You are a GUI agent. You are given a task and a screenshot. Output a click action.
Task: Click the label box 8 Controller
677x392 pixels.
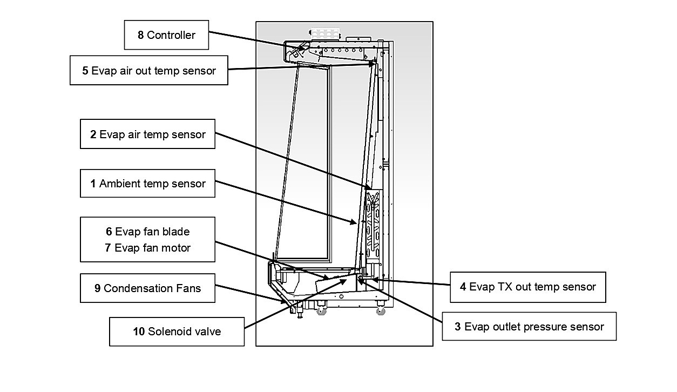click(166, 35)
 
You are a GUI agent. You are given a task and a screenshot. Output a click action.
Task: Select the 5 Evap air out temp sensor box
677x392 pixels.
click(148, 70)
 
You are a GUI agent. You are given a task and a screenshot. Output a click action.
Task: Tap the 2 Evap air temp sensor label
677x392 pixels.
click(147, 134)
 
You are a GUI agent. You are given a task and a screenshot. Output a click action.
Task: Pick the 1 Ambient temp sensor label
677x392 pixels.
click(147, 183)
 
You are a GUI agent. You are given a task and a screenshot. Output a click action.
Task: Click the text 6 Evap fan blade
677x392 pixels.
click(147, 232)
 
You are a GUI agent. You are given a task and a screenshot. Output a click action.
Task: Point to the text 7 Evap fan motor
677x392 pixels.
click(147, 248)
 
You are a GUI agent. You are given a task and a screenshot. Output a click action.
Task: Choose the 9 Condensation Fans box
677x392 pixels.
click(147, 288)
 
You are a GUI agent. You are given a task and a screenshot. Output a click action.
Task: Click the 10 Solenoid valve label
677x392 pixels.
click(177, 332)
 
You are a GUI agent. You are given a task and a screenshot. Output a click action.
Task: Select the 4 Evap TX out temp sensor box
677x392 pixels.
click(528, 287)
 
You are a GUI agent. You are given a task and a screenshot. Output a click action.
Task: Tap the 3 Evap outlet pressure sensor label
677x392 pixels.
click(529, 327)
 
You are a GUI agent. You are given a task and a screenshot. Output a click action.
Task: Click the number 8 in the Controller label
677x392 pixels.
click(140, 35)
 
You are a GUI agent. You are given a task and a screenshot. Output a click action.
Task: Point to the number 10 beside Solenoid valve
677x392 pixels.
click(139, 332)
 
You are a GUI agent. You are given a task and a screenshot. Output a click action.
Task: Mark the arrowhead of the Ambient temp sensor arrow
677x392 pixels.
click(355, 223)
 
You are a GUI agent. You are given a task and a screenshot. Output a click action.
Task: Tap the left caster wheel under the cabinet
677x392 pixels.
click(321, 310)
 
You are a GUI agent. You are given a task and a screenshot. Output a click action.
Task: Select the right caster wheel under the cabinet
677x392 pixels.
click(381, 310)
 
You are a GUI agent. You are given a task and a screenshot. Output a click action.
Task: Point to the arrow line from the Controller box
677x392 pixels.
click(257, 41)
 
